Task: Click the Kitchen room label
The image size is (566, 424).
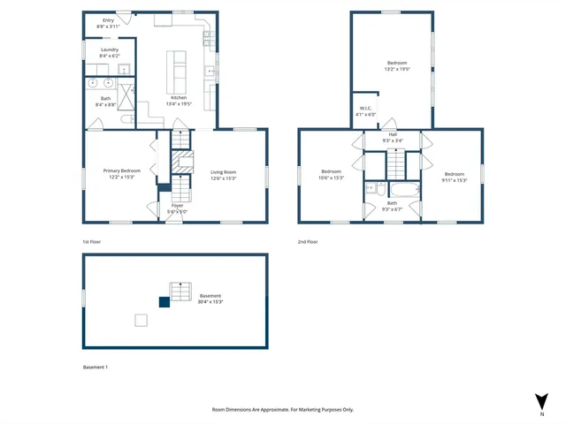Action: (x=179, y=97)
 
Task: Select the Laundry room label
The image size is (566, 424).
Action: (x=109, y=50)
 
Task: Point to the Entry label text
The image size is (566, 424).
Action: (x=109, y=19)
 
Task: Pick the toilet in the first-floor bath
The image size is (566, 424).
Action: (x=126, y=117)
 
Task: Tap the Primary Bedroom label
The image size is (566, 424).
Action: (x=122, y=170)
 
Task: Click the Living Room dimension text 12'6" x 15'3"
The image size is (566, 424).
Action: (x=223, y=178)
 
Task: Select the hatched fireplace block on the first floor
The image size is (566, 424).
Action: (x=181, y=163)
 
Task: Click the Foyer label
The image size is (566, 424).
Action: (x=178, y=206)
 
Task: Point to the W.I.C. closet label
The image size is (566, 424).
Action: (x=365, y=109)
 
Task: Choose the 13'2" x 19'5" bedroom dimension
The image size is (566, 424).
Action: (x=397, y=69)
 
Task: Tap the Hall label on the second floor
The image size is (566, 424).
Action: (x=393, y=134)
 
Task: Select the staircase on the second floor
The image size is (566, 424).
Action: (x=394, y=163)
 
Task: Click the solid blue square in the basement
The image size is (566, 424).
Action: (x=164, y=301)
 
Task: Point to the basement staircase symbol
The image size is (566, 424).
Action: (x=180, y=291)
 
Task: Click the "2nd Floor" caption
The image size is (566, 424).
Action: (x=308, y=241)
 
